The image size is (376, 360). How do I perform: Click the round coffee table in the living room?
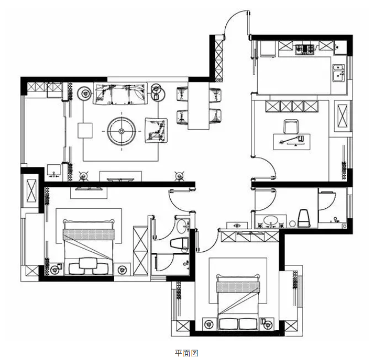(x=122, y=131)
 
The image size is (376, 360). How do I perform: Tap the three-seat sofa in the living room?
(x=120, y=94)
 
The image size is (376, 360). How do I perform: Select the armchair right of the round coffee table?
(x=156, y=130)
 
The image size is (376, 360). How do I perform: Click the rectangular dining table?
(x=199, y=105)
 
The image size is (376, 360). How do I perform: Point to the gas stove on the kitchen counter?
(x=304, y=49)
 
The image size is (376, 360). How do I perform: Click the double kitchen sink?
(x=339, y=72)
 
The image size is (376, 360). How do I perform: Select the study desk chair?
(x=291, y=126)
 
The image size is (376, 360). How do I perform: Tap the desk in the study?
(x=291, y=142)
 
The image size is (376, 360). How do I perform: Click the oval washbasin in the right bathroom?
(x=271, y=220)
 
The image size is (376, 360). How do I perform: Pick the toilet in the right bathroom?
(x=304, y=218)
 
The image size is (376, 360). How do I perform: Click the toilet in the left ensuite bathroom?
(x=179, y=243)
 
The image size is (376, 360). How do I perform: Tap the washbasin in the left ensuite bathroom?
(x=182, y=226)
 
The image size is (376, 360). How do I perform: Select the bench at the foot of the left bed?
(x=88, y=266)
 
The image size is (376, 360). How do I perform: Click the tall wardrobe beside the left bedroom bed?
(x=141, y=251)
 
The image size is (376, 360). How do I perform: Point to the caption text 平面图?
(x=186, y=353)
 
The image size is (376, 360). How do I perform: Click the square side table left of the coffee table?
(x=85, y=130)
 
